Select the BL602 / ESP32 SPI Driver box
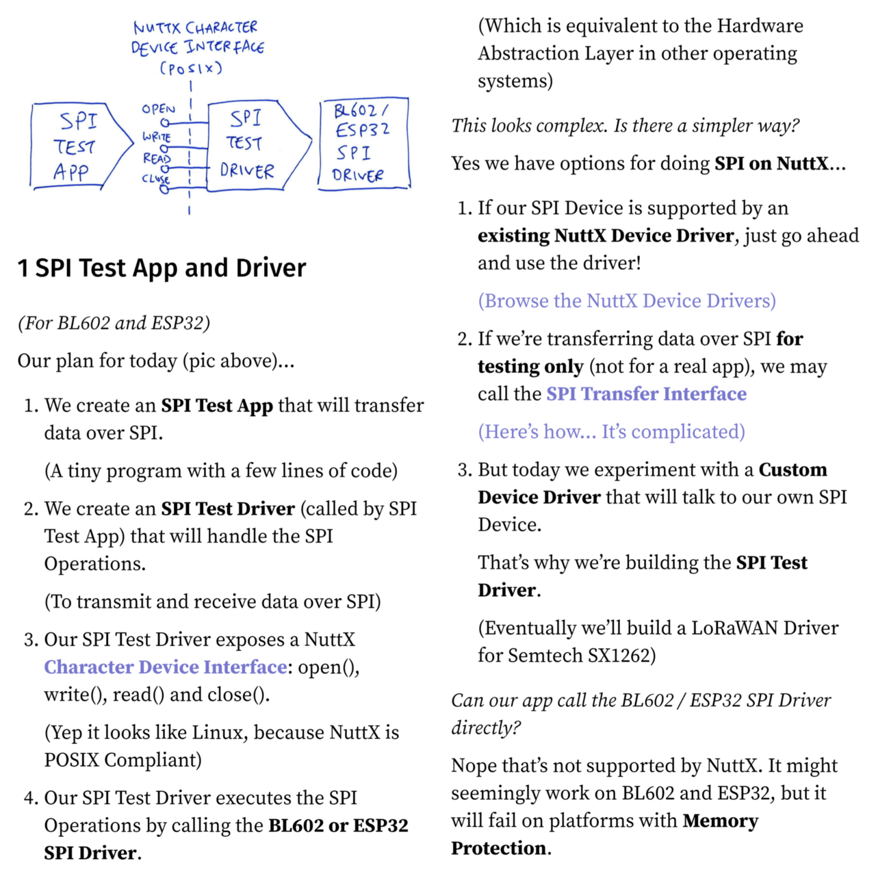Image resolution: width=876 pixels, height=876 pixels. click(363, 143)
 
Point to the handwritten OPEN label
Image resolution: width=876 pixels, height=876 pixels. click(158, 109)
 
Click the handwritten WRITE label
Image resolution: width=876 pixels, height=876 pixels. click(157, 137)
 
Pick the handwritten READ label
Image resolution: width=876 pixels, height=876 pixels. click(157, 158)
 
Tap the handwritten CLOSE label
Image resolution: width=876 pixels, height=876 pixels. click(155, 179)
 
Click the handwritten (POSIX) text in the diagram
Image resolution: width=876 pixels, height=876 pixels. click(191, 68)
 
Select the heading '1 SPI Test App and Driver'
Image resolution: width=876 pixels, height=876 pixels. click(162, 268)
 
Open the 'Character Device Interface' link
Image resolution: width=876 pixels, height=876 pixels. click(166, 667)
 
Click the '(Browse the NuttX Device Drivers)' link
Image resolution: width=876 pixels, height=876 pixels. click(627, 301)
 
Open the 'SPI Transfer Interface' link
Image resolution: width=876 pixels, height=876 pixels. click(646, 394)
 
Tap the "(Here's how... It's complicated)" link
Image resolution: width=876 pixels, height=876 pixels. click(611, 432)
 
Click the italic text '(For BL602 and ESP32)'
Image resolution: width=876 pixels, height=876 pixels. click(114, 323)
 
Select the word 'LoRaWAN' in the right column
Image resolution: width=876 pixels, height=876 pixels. click(734, 628)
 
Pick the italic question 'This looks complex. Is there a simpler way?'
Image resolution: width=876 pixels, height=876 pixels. click(625, 126)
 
